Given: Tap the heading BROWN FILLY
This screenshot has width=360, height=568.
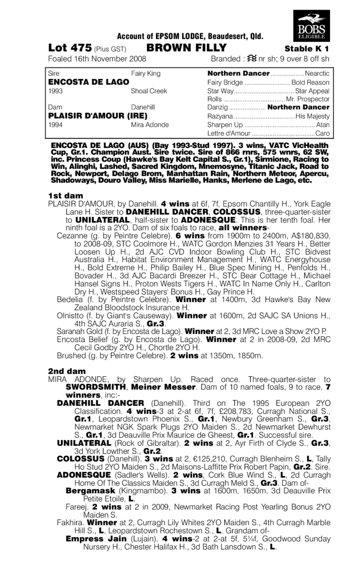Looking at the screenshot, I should [187, 47].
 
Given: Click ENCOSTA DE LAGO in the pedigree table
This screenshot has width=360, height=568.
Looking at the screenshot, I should [83, 82].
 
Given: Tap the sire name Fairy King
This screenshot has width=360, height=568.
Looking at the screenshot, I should [146, 74].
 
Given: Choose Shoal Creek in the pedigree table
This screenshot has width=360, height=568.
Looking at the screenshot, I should [149, 91].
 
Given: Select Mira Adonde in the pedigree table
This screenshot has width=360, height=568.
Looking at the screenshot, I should [150, 125].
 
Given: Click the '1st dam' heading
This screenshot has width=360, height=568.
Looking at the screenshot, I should [65, 196].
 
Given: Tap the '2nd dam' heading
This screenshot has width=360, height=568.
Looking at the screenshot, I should [67, 371].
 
